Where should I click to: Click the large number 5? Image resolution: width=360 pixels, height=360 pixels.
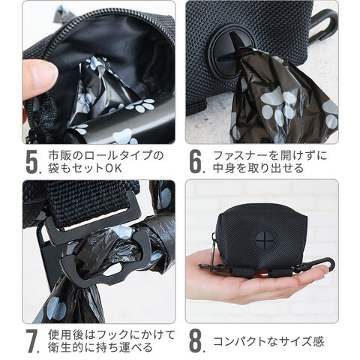pos(32,162)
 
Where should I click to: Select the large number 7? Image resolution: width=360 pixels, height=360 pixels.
pos(32,340)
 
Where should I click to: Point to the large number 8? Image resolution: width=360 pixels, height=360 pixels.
pos(196,340)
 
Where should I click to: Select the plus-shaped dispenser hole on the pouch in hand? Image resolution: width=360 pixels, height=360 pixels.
pos(265,241)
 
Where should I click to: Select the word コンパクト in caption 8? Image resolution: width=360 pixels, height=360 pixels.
pos(241,341)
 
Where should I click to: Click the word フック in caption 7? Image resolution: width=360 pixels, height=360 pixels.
pos(109,335)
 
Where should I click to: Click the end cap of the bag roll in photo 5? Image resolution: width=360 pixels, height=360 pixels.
pos(70,138)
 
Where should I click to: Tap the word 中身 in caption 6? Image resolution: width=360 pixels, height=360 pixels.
pos(223,168)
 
